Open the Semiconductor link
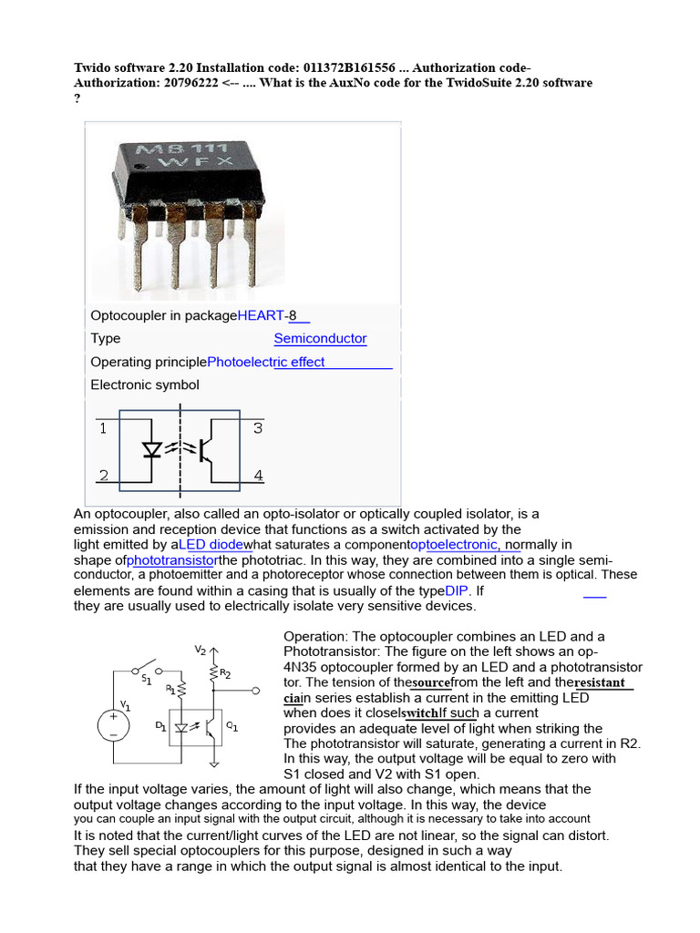click(320, 339)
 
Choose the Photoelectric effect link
click(266, 362)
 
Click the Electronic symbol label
click(145, 384)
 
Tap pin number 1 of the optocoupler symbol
click(103, 427)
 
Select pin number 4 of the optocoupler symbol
click(258, 475)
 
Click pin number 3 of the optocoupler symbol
click(258, 427)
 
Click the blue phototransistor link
click(172, 560)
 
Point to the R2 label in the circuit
click(225, 674)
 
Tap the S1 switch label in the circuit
click(146, 679)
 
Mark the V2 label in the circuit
click(200, 650)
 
